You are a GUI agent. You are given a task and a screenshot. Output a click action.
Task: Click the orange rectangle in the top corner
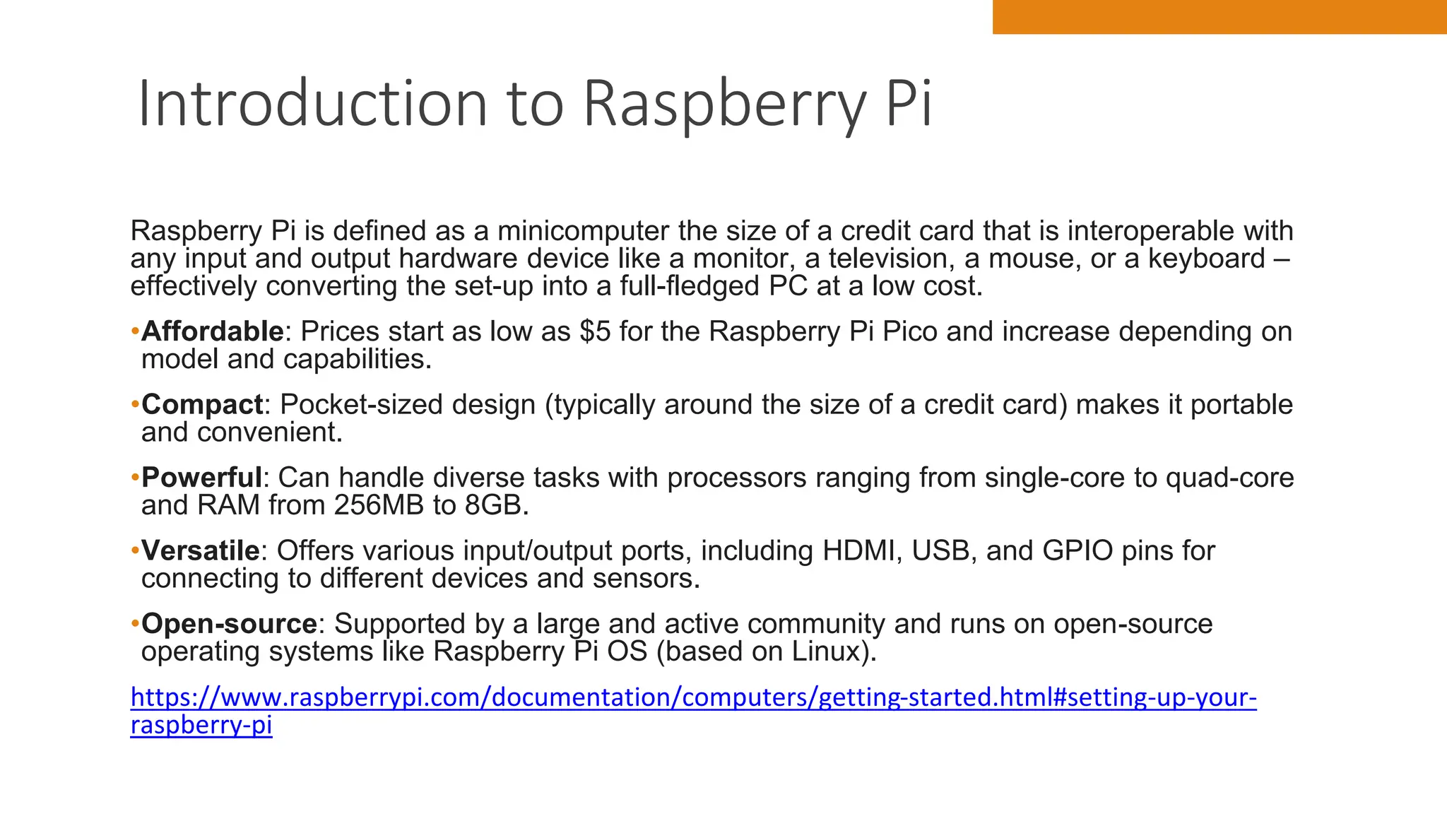(1219, 16)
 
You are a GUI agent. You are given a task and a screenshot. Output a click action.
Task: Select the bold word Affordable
(212, 331)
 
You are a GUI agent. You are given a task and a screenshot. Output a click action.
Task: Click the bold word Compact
(202, 405)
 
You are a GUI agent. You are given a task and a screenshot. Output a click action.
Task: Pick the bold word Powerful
(201, 478)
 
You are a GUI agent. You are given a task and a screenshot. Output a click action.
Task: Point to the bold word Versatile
(201, 550)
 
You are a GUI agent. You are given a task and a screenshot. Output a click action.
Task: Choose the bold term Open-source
(229, 624)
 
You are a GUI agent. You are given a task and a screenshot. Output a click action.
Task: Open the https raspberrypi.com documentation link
(692, 698)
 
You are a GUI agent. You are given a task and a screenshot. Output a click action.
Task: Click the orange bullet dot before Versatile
(134, 550)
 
